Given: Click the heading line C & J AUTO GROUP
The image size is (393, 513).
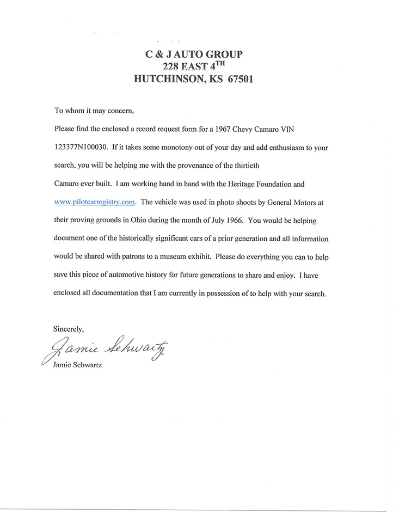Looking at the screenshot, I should point(193,54).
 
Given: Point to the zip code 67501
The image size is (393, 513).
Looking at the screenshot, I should point(236,78).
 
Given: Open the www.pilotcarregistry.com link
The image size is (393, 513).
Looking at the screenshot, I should point(95,201).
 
